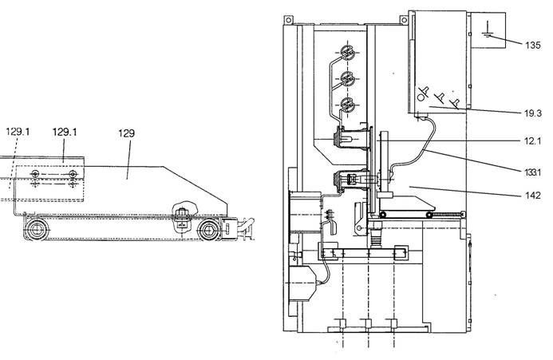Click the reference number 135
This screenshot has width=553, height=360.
tap(532, 45)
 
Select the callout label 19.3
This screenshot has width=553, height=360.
tap(532, 113)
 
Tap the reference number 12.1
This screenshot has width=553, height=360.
tap(532, 141)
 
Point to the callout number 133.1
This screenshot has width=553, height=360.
tap(532, 172)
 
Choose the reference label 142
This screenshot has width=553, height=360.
tap(532, 196)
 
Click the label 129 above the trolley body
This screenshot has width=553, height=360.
tap(126, 133)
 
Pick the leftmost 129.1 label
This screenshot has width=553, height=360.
tap(18, 132)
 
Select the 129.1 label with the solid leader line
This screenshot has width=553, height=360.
tap(65, 132)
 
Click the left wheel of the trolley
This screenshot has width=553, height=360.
tap(36, 230)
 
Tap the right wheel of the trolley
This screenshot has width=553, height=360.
tap(207, 230)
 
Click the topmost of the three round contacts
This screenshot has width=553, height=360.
tap(347, 53)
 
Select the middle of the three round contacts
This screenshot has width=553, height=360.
tap(347, 78)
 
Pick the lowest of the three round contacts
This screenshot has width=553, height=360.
tap(347, 104)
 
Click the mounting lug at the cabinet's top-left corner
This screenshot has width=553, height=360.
tap(289, 20)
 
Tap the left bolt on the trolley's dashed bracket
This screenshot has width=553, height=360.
tap(35, 174)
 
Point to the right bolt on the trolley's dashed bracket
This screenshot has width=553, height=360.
tap(73, 174)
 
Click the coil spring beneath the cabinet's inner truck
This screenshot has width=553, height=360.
tap(376, 236)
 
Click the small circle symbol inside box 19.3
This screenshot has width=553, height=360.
tap(421, 97)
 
